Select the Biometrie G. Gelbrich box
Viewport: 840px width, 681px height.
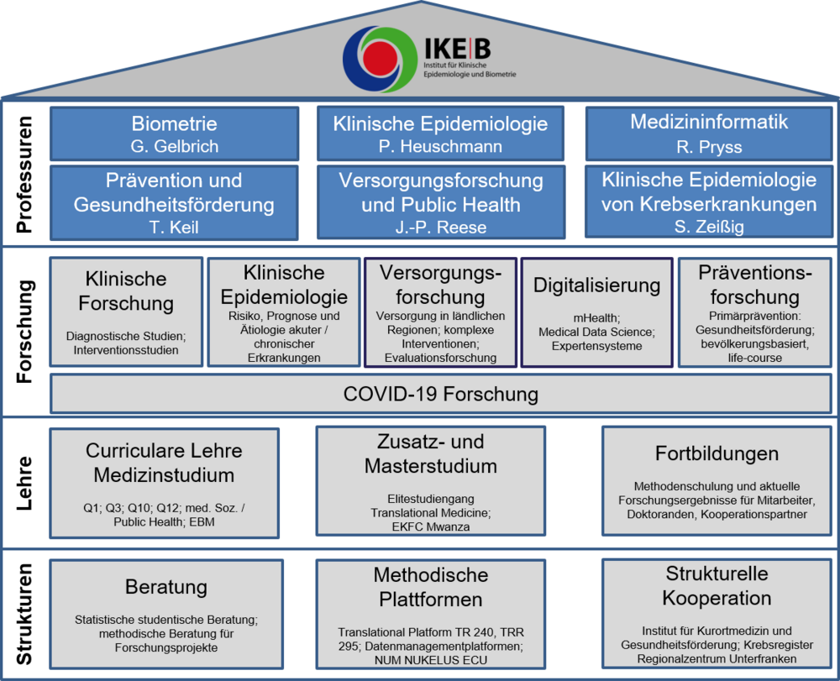[x=175, y=134]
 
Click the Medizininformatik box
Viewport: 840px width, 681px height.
[x=709, y=133]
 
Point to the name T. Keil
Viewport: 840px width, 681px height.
[x=174, y=227]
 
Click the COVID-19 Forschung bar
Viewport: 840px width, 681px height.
[x=440, y=394]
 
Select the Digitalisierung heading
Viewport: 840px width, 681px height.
[x=596, y=285]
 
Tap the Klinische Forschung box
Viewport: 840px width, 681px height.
[x=126, y=312]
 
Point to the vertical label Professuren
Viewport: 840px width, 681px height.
[x=26, y=174]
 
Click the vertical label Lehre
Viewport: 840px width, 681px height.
[x=26, y=484]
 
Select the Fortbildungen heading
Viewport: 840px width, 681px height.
[x=717, y=453]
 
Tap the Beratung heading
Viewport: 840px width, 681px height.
[x=166, y=586]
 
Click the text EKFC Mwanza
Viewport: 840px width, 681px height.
[x=430, y=526]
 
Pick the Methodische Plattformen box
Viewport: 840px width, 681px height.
[x=430, y=614]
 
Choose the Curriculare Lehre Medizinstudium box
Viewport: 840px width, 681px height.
[x=164, y=483]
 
